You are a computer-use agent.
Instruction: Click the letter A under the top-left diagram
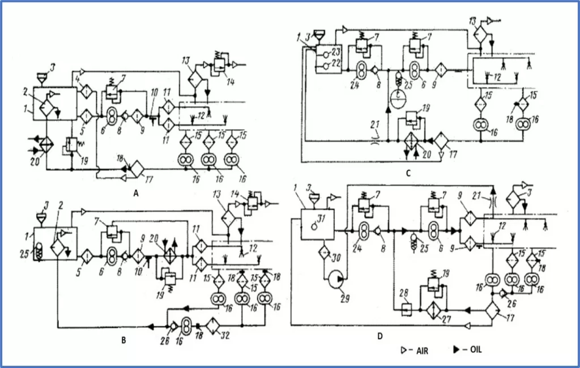[135, 193]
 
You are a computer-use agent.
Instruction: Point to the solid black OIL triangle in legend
[457, 350]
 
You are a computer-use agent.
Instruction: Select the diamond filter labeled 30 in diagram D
[325, 253]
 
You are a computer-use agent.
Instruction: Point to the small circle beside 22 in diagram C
[325, 64]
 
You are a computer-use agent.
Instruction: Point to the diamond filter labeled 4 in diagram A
[85, 91]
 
